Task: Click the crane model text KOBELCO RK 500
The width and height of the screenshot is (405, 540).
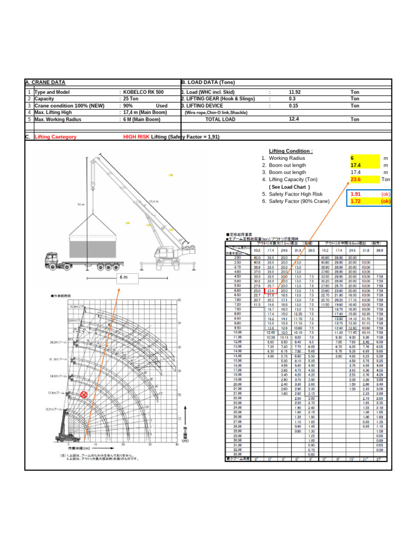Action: point(143,92)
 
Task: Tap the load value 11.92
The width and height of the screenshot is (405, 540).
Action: point(295,92)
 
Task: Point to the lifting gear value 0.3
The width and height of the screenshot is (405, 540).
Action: point(292,99)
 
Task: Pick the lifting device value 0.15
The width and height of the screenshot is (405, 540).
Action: point(293,105)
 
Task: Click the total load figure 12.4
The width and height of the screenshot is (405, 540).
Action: point(294,119)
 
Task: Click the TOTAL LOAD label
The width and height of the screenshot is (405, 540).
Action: point(220,120)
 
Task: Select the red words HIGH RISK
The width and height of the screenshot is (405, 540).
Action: point(136,137)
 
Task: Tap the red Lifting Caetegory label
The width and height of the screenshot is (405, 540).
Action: point(55,137)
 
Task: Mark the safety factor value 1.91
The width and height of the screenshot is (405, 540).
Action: point(356,194)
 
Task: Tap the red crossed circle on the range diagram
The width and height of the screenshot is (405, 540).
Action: point(83,394)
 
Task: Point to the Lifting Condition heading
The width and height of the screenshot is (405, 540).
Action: point(291,151)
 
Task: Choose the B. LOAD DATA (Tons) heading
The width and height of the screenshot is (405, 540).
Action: point(208,83)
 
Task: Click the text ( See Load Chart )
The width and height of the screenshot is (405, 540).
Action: point(290,187)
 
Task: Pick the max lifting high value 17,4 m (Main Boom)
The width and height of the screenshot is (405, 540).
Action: point(144,112)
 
